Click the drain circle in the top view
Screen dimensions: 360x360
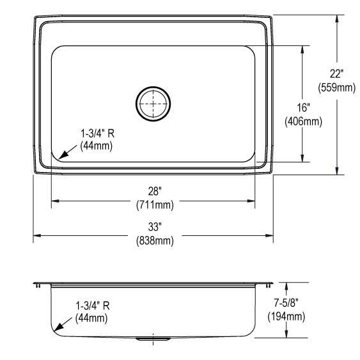tap(153, 103)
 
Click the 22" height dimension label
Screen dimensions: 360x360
tap(336, 74)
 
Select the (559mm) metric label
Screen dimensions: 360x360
tap(336, 88)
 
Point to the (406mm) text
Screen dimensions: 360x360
tap(302, 121)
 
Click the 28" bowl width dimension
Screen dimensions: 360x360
tap(154, 191)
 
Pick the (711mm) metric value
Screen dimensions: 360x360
tap(154, 205)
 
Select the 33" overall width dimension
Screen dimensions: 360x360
tap(154, 226)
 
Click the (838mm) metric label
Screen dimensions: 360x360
tap(154, 240)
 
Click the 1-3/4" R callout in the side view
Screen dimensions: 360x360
tap(92, 305)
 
